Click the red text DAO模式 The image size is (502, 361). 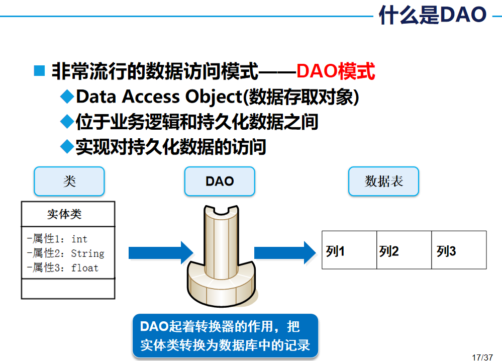(x=336, y=72)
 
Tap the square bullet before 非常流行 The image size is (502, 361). (x=39, y=71)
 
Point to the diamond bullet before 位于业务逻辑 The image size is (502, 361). (x=66, y=121)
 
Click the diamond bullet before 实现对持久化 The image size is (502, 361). (x=66, y=146)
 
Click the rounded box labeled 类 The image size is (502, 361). (x=69, y=182)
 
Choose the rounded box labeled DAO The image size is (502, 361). (x=220, y=182)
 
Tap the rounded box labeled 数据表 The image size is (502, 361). (x=383, y=182)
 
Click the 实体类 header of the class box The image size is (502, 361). (x=64, y=214)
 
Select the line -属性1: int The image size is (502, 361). (x=57, y=239)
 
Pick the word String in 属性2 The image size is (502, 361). (x=87, y=253)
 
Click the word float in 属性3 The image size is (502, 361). (x=85, y=267)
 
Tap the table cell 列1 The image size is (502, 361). (x=349, y=250)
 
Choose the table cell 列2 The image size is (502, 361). (x=404, y=250)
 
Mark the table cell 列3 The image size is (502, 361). (x=459, y=250)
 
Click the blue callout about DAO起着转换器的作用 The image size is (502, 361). (x=225, y=336)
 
